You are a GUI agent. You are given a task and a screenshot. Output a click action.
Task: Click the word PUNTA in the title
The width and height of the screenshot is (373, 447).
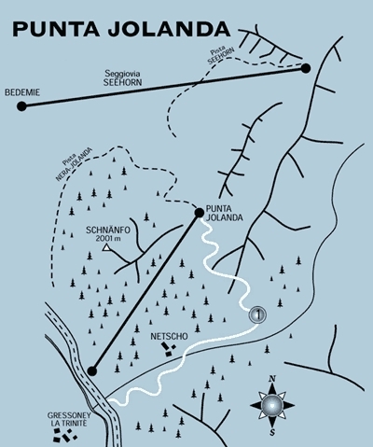coord(56,29)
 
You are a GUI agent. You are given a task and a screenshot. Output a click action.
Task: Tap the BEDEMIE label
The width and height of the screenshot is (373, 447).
coord(22,92)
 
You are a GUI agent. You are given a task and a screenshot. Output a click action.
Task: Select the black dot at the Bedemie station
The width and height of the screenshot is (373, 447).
coord(21,106)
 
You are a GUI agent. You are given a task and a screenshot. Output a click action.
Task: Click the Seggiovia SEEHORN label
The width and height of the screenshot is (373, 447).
coord(123,78)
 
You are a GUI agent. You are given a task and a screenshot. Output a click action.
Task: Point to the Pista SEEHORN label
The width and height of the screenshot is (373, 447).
coord(219,55)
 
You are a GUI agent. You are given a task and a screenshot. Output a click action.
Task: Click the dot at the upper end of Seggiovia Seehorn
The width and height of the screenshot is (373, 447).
coord(306,68)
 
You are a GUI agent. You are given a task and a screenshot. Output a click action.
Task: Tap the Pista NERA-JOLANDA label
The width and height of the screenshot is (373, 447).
coord(74,162)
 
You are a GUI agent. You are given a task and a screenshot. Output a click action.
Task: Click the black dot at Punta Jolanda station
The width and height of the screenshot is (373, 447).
coord(199,213)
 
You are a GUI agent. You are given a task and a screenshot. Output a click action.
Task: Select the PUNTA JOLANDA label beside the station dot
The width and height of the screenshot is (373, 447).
coord(224,213)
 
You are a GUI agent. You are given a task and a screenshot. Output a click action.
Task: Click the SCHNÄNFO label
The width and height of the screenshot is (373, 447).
coord(107,230)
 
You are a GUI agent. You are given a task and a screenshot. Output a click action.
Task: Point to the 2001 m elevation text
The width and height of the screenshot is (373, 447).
coord(106,238)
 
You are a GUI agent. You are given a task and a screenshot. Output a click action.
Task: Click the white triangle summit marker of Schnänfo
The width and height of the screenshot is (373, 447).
coord(106,247)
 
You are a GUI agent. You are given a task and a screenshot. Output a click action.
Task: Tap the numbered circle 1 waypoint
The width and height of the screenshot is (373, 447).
coord(257,314)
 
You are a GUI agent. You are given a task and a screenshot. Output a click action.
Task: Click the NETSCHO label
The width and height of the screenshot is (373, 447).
coord(170,336)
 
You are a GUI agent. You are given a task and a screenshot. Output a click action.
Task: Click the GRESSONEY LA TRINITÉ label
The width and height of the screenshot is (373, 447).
coord(69,419)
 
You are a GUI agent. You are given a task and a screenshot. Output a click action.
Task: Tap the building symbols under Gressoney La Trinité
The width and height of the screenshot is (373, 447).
coord(64,436)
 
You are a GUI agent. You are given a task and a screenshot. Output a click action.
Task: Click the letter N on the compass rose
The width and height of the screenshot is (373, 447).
coord(272,379)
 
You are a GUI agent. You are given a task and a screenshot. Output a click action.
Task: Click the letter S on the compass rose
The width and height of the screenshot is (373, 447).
coord(272,432)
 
